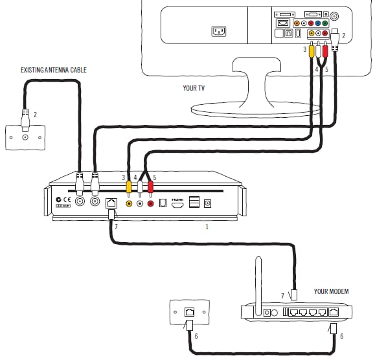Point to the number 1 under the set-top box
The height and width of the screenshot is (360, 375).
click(x=207, y=227)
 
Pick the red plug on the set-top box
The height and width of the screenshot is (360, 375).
click(x=151, y=188)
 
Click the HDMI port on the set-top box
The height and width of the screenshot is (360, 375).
click(x=177, y=204)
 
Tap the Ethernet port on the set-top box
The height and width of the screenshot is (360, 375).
click(x=111, y=203)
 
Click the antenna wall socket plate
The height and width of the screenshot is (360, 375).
click(x=26, y=137)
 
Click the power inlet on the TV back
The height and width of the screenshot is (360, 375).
click(x=219, y=31)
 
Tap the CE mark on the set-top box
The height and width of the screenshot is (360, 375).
click(x=67, y=199)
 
